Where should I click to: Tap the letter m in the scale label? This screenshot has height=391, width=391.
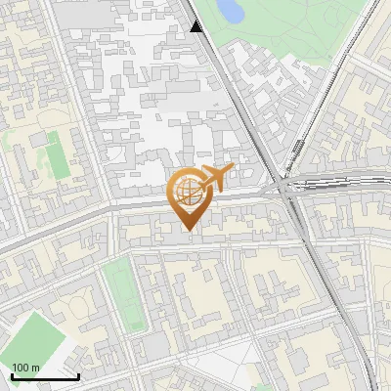(36, 368)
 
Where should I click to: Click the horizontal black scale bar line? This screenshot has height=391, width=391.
(45, 376)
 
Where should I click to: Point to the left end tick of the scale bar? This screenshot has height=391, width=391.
(12, 374)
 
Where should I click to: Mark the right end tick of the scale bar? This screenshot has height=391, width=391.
(78, 374)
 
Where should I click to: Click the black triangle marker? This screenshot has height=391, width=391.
(197, 26)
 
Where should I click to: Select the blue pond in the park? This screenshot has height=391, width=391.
(229, 11)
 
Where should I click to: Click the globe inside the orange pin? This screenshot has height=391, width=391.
(187, 192)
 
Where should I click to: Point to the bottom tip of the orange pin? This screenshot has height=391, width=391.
(187, 230)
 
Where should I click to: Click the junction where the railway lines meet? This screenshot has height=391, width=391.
(284, 186)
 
